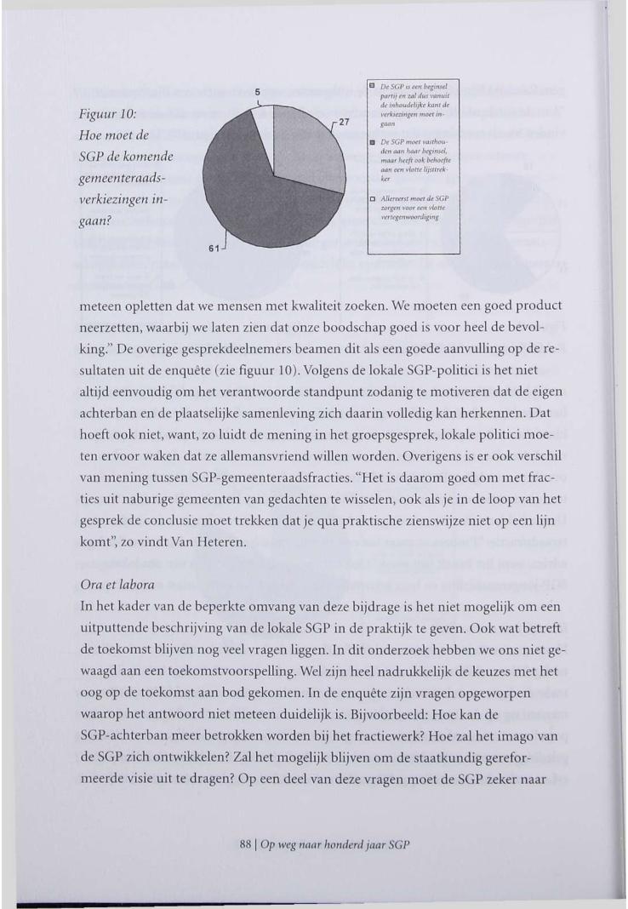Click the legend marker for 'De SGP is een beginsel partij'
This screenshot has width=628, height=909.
tap(373, 86)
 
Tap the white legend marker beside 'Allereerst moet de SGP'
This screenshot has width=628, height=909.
tap(373, 198)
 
